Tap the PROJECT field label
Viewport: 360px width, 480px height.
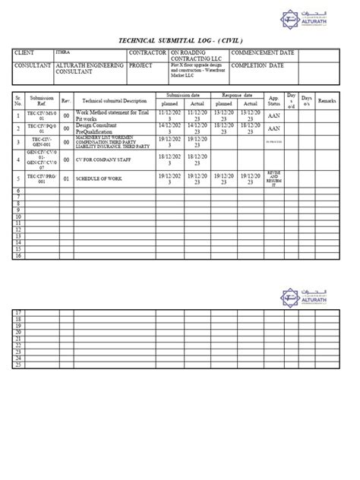coord(141,66)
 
